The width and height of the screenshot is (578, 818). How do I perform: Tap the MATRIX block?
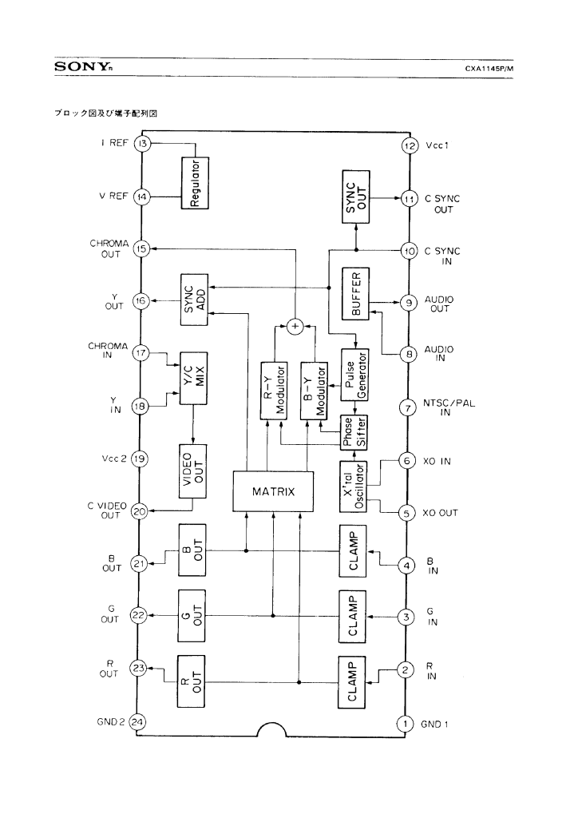pyautogui.click(x=273, y=491)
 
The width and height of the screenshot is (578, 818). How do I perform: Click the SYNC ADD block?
pyautogui.click(x=193, y=300)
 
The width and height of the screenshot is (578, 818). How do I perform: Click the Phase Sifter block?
pyautogui.click(x=353, y=432)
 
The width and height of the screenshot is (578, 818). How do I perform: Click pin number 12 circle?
pyautogui.click(x=408, y=146)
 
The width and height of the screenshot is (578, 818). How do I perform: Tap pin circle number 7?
pyautogui.click(x=408, y=408)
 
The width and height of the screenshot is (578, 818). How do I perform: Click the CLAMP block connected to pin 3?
pyautogui.click(x=355, y=616)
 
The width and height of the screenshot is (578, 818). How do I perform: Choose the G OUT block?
pyautogui.click(x=193, y=616)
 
